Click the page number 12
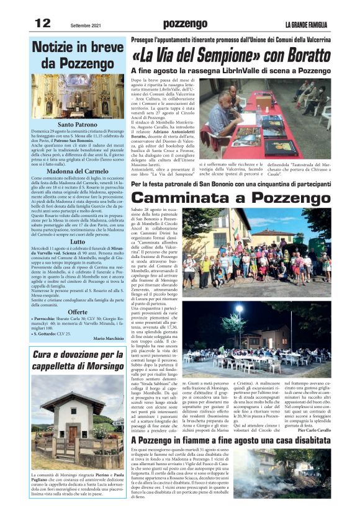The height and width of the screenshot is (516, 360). (x=42, y=23)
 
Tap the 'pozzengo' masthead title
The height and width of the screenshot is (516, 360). (x=185, y=24)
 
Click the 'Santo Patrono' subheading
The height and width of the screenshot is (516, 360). (x=78, y=125)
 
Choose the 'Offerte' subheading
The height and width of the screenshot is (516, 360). (x=78, y=312)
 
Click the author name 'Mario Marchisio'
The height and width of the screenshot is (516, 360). (x=109, y=338)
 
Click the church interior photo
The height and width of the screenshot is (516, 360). (x=78, y=96)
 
